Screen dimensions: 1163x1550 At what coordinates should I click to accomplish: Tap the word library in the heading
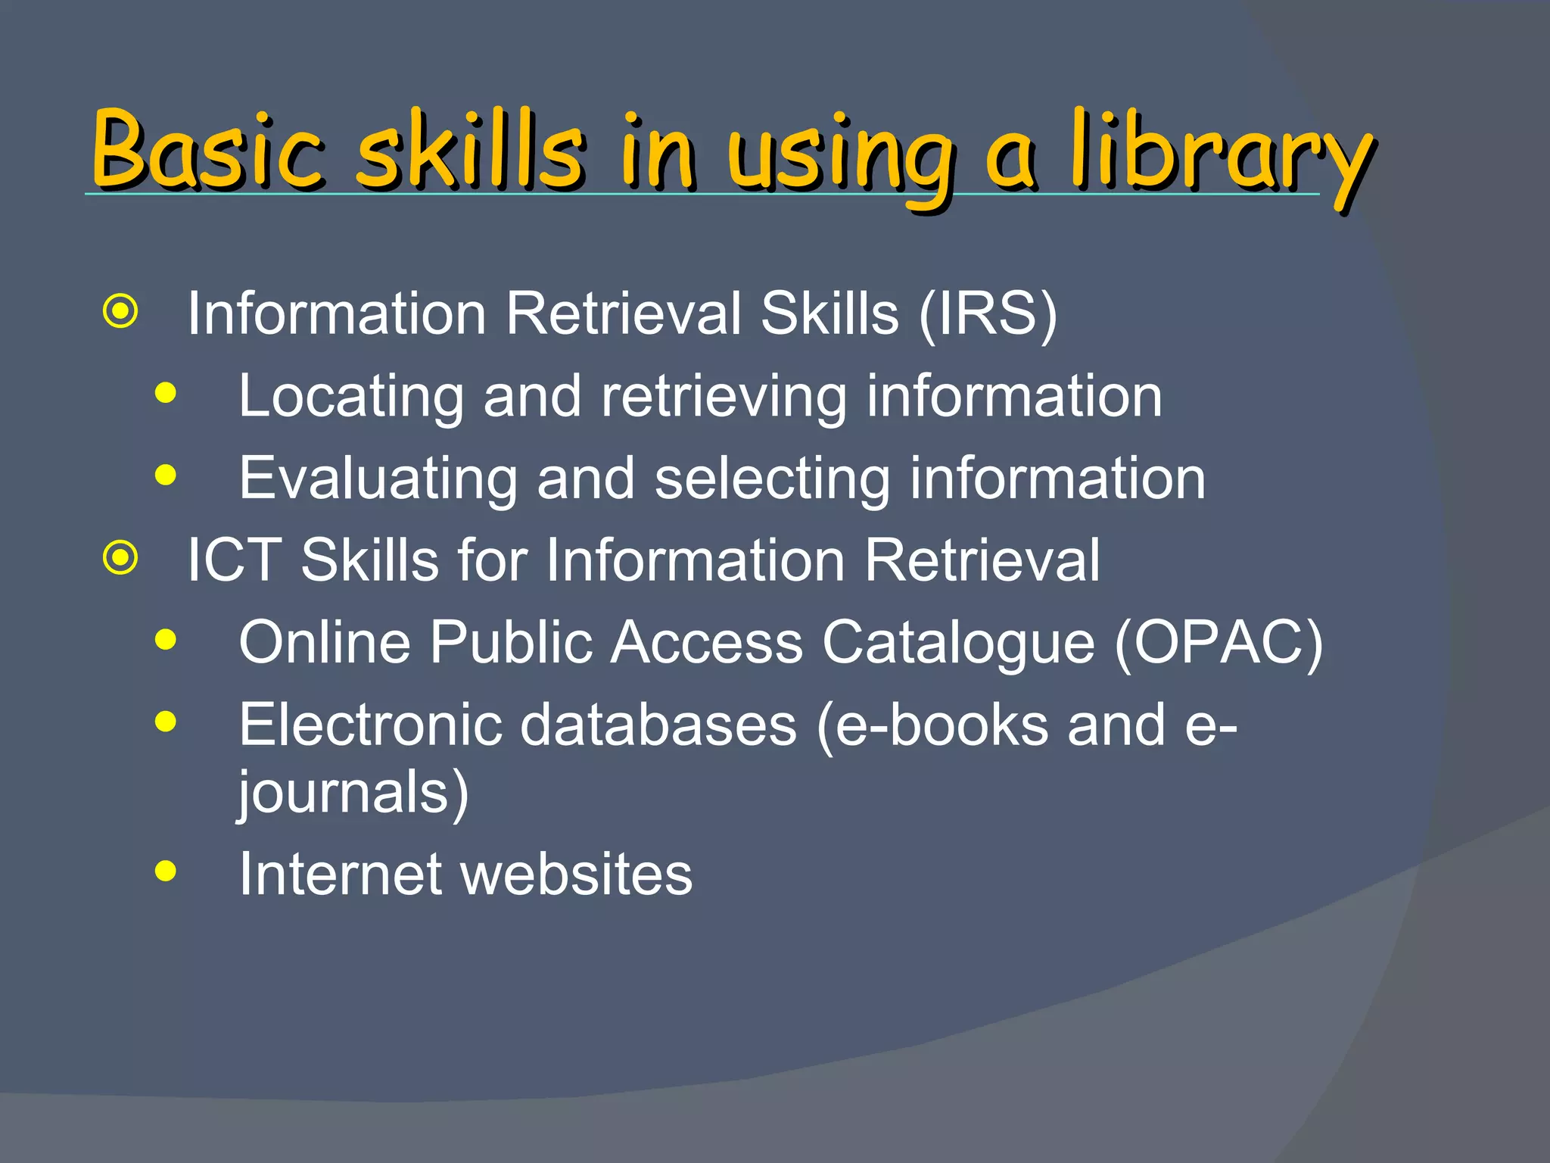pos(1222,155)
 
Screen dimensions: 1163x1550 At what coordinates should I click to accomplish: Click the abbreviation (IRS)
pos(988,314)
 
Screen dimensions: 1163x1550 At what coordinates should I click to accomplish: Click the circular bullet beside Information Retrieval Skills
pos(121,311)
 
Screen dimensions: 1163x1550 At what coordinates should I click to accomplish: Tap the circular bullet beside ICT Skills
pos(121,558)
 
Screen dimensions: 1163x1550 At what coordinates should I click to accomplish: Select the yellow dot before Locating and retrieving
pos(165,393)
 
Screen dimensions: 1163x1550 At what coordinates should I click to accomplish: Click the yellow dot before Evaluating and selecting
pos(165,475)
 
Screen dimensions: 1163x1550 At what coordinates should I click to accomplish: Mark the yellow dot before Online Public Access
pos(165,640)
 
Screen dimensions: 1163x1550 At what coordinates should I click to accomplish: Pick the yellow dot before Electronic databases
pos(165,722)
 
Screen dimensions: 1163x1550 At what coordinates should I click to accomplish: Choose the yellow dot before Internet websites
pos(165,871)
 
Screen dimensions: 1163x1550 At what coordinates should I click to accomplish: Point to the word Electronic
pos(370,725)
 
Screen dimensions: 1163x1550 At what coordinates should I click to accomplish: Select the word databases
pos(658,725)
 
